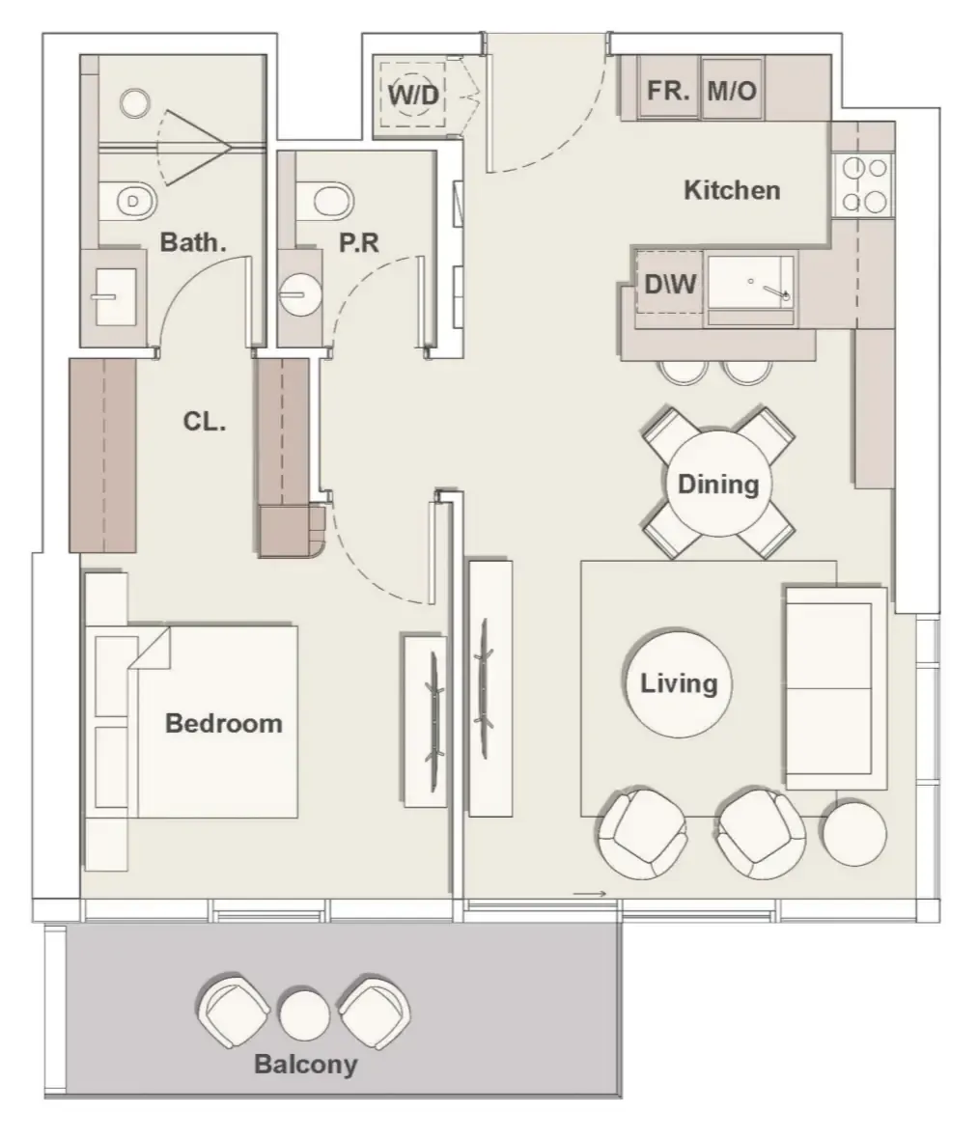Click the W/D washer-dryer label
pyautogui.click(x=413, y=95)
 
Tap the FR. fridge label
pyautogui.click(x=668, y=91)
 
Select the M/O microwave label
pyautogui.click(x=732, y=91)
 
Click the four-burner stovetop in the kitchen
pyautogui.click(x=863, y=184)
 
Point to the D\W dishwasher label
pyautogui.click(x=670, y=284)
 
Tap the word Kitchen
pyautogui.click(x=732, y=190)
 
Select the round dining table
pyautogui.click(x=718, y=484)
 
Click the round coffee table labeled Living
pyautogui.click(x=679, y=682)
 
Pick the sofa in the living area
pyautogui.click(x=835, y=687)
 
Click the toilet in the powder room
pyautogui.click(x=325, y=200)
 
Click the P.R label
pyautogui.click(x=359, y=242)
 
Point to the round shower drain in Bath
pyautogui.click(x=135, y=103)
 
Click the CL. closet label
pyautogui.click(x=204, y=421)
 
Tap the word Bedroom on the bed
pyautogui.click(x=224, y=724)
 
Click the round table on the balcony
pyautogui.click(x=304, y=1014)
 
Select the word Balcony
pyautogui.click(x=305, y=1064)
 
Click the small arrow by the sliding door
pyautogui.click(x=589, y=894)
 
